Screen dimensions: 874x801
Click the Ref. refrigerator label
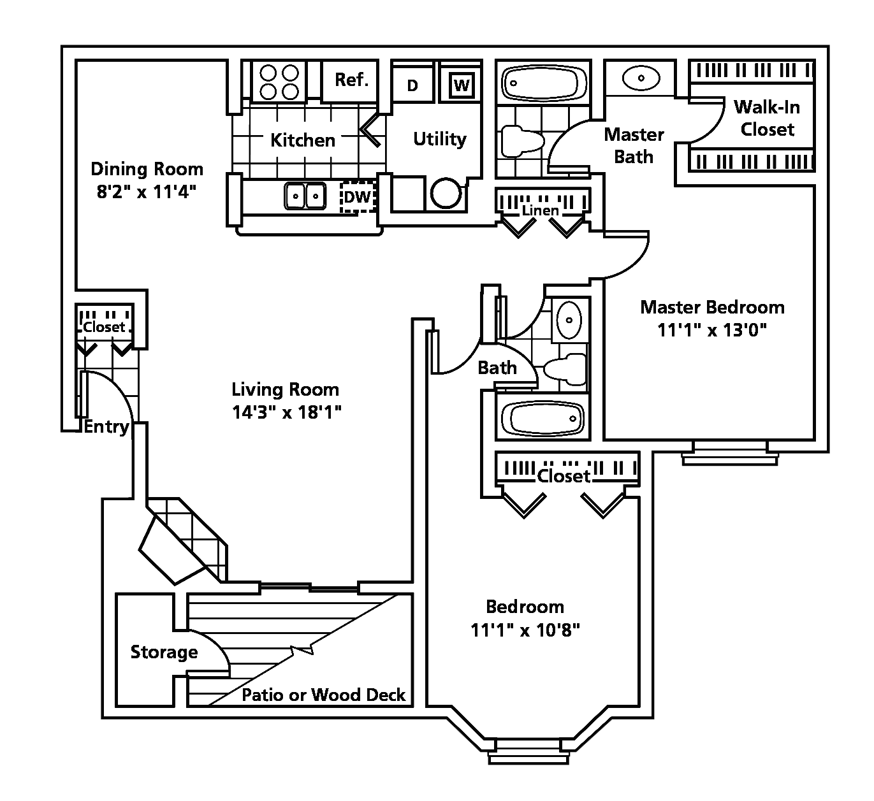[352, 80]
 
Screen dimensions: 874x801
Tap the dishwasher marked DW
[358, 197]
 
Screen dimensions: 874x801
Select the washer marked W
[462, 85]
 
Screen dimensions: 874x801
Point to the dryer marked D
[412, 85]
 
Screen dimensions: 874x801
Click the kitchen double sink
[305, 196]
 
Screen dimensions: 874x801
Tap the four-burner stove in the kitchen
[279, 82]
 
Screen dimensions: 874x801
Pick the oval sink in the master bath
[641, 78]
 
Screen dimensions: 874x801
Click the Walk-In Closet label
[768, 118]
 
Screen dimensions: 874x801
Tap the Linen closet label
[540, 210]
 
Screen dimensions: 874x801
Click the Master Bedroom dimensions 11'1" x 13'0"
[712, 330]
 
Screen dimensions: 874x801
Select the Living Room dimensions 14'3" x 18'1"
[286, 412]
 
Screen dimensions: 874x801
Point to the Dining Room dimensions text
[147, 191]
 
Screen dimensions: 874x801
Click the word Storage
[164, 652]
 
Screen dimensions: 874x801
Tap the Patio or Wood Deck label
[324, 695]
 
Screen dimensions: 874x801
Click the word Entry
[106, 427]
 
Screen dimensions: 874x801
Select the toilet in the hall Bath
[565, 370]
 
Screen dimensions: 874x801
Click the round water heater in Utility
[446, 193]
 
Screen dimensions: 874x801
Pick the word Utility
[440, 140]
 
